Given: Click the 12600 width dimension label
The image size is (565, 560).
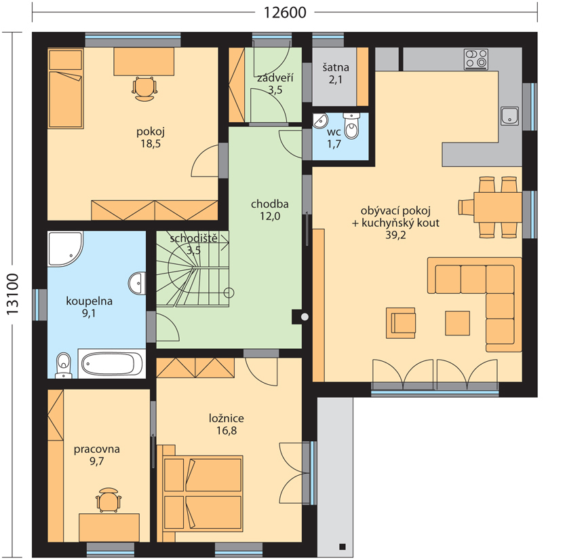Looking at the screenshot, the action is click(x=285, y=13).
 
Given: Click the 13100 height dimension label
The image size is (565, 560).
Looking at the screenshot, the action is click(x=13, y=294).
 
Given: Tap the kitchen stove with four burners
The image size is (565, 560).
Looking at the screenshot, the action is click(x=475, y=59).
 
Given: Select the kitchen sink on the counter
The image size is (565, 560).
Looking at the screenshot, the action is click(x=510, y=116).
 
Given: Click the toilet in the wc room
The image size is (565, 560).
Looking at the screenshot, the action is click(x=351, y=125).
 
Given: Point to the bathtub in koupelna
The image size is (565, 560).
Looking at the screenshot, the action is click(x=112, y=363).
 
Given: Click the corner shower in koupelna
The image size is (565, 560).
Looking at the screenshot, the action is click(x=66, y=249).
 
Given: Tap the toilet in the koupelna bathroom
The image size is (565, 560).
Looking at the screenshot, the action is click(x=64, y=365).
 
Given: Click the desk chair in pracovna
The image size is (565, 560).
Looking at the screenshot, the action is click(x=109, y=500).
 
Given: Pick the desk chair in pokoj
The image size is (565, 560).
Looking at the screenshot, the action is click(x=145, y=89).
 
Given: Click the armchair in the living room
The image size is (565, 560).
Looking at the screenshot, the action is click(x=401, y=322).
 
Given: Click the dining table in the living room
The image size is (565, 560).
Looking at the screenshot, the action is click(x=498, y=207).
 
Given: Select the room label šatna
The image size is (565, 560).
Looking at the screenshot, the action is click(x=336, y=67).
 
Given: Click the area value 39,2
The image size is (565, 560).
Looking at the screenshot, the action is click(x=395, y=235).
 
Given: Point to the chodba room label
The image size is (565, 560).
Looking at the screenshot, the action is click(x=269, y=204).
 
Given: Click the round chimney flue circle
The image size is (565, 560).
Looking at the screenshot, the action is click(x=305, y=317).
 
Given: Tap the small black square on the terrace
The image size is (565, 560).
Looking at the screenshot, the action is click(x=343, y=546).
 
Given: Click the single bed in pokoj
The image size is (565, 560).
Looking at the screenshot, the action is click(x=66, y=89).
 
